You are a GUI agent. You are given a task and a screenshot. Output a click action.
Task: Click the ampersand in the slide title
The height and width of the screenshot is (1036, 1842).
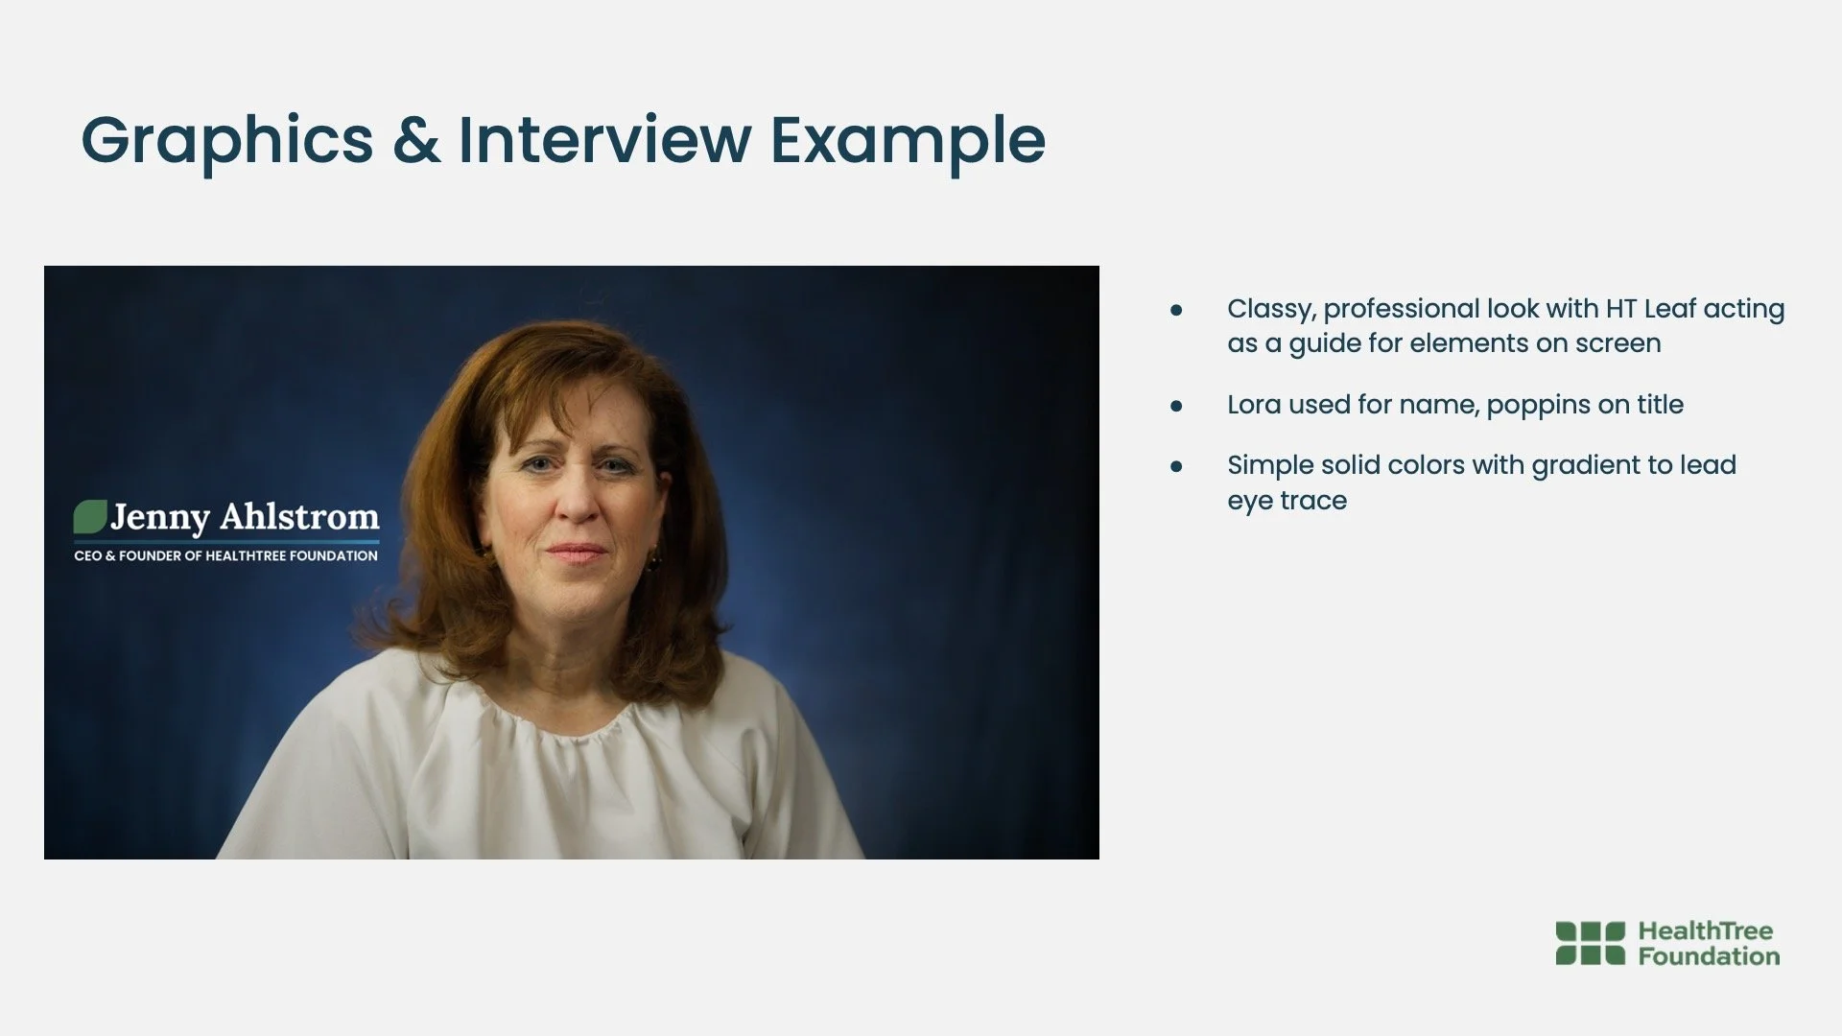pos(416,140)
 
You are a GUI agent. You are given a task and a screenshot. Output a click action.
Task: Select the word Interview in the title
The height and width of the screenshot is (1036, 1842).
pos(604,139)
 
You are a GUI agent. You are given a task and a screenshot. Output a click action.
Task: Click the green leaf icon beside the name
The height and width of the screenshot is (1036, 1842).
pos(90,517)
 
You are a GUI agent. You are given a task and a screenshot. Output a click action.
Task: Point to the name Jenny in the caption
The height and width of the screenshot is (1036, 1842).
pos(159,519)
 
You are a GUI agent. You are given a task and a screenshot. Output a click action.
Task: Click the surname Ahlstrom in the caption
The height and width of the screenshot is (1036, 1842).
pos(300,517)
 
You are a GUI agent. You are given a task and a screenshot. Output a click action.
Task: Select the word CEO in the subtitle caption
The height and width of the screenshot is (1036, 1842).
pos(87,555)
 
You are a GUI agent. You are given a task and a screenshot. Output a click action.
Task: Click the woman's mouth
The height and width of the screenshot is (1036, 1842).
pos(578,553)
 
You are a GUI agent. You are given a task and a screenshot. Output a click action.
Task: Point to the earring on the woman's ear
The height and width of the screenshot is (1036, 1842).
pos(655,558)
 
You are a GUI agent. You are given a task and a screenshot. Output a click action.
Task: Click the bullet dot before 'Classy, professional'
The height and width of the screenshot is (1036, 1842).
pos(1176,310)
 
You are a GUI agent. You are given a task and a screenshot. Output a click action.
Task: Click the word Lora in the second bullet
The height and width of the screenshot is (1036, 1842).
pos(1254,405)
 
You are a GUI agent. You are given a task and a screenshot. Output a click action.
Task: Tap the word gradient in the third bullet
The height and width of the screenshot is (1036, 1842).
pos(1586,466)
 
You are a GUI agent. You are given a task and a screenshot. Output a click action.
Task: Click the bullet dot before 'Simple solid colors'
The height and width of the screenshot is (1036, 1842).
pos(1176,466)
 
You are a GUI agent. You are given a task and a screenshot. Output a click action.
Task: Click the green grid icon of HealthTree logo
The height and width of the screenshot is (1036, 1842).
pos(1591,943)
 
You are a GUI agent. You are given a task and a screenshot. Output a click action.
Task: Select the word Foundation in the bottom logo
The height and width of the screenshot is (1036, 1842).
pos(1709,956)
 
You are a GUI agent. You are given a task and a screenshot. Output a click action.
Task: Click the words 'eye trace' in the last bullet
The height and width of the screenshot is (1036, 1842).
pos(1287,502)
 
